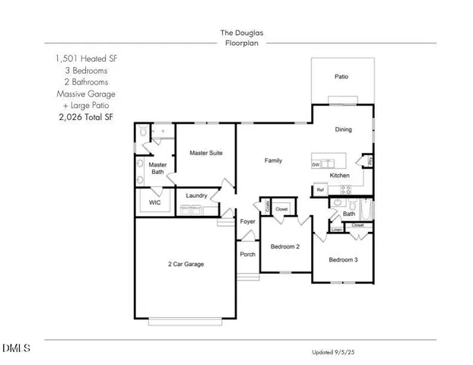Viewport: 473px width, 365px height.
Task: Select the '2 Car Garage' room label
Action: [x=186, y=264]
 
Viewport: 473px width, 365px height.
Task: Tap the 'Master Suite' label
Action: [x=205, y=153]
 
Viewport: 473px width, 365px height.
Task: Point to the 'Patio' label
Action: [x=342, y=76]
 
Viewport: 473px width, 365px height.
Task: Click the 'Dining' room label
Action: [x=344, y=129]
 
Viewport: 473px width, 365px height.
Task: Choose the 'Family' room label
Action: [x=273, y=160]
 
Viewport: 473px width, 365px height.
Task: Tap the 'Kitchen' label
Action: [x=339, y=176]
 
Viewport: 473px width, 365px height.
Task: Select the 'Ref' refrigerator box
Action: [x=320, y=191]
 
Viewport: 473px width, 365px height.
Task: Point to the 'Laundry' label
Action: [x=197, y=195]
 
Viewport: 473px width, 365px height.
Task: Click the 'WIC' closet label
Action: [x=154, y=203]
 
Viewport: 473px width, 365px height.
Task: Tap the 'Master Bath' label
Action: [x=157, y=168]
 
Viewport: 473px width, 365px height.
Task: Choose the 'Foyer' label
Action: [x=248, y=221]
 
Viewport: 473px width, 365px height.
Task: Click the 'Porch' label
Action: [x=247, y=254]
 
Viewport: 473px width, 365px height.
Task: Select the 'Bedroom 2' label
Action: [x=285, y=246]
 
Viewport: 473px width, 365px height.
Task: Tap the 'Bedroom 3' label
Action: [x=343, y=260]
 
